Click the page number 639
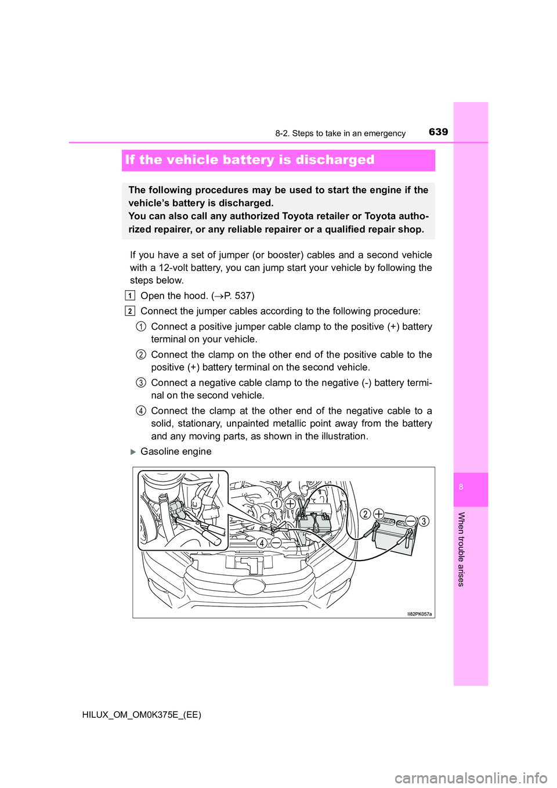coord(438,132)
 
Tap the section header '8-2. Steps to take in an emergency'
coord(340,133)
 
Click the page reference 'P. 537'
coord(237,295)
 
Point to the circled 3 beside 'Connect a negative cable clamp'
coord(141,382)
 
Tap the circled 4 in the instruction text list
coord(141,411)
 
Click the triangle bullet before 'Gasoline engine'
coord(133,451)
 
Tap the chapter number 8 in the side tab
coord(461,487)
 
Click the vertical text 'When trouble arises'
coord(461,549)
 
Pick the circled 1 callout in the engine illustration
coord(277,504)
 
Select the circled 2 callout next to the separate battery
coord(366,514)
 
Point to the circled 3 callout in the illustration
coord(424,521)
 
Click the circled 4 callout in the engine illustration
coord(262,543)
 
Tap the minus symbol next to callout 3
coord(411,520)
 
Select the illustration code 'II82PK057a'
coord(419,614)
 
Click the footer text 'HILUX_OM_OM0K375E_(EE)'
coord(142,715)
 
